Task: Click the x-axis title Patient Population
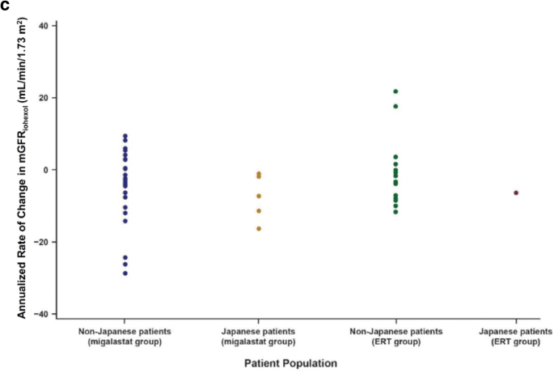[x=292, y=363]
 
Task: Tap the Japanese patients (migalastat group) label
[x=259, y=337]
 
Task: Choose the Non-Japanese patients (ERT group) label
[x=395, y=337]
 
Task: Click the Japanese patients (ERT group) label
[x=516, y=337]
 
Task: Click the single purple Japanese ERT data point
[x=516, y=193]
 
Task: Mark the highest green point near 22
[x=395, y=91]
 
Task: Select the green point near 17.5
[x=395, y=106]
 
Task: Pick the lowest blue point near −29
[x=125, y=273]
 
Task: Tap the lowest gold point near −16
[x=259, y=229]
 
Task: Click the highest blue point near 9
[x=125, y=136]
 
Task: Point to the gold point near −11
[x=259, y=211]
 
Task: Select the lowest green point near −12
[x=395, y=212]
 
